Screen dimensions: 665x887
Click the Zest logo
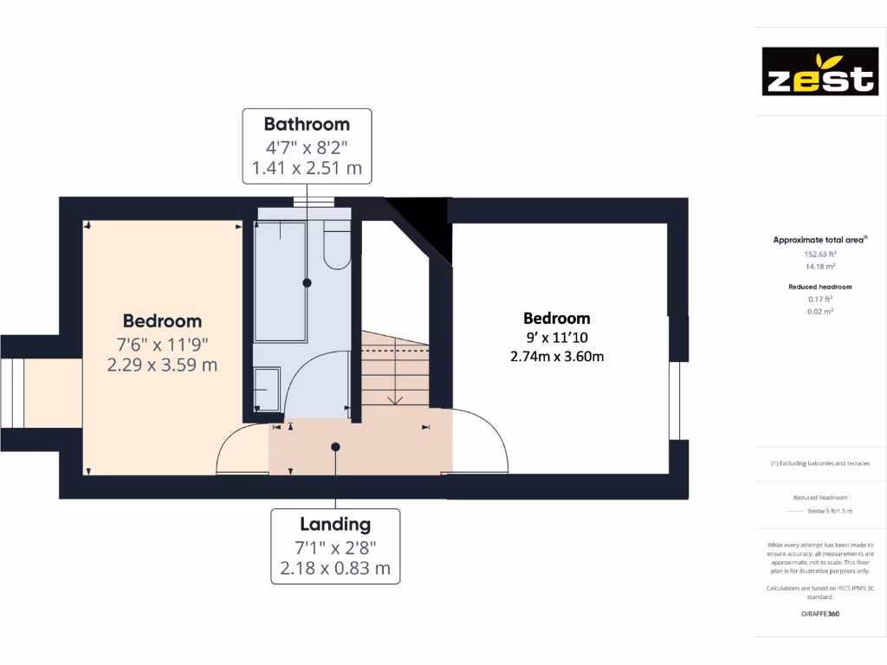point(819,71)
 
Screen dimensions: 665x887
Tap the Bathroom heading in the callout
point(307,124)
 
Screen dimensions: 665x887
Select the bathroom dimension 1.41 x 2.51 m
point(307,168)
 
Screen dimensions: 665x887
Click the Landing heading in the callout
point(335,524)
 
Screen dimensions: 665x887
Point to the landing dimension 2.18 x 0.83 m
point(335,569)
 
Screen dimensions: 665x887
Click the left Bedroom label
point(162,321)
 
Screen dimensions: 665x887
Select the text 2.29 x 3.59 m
point(162,365)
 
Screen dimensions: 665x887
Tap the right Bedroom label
point(557,318)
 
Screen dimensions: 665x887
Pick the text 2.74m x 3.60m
point(557,355)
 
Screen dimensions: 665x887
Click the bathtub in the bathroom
point(280,281)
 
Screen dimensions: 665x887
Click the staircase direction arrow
point(395,399)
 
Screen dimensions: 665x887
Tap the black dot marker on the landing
point(335,447)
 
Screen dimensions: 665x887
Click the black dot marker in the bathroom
point(307,283)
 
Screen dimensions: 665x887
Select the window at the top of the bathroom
point(313,203)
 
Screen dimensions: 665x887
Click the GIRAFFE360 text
point(819,613)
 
